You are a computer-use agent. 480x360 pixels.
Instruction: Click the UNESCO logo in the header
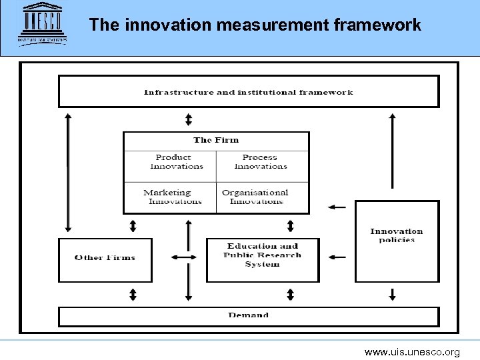tap(43, 23)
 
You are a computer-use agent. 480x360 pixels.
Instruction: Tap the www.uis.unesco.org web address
tap(412, 352)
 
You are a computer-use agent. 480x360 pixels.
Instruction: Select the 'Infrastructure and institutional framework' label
tap(249, 92)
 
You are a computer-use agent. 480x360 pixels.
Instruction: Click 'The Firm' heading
tap(215, 140)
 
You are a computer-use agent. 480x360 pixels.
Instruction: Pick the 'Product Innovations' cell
tap(173, 162)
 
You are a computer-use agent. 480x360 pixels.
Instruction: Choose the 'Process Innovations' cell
tap(260, 162)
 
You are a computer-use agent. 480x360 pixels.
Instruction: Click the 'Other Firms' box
tap(105, 258)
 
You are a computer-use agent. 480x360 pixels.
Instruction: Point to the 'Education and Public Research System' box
tap(262, 255)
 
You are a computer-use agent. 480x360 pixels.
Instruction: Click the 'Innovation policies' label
tap(397, 235)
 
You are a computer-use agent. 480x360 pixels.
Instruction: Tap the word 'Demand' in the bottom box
tap(248, 315)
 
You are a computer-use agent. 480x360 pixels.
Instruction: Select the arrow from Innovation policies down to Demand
tap(392, 293)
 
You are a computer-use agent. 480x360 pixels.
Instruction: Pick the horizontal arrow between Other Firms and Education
tap(184, 257)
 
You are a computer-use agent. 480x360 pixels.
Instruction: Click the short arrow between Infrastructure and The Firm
tap(189, 119)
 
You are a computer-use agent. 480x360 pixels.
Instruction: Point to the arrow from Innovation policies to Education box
tap(337, 257)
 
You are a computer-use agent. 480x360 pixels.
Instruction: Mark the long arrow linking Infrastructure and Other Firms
tap(68, 172)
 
